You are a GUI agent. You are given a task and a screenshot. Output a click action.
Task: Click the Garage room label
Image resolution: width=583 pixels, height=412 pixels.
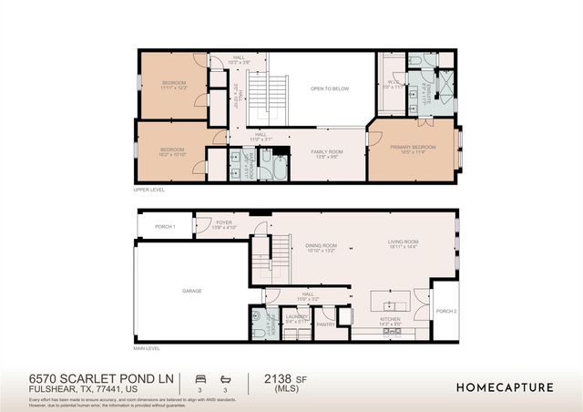(x=191, y=291)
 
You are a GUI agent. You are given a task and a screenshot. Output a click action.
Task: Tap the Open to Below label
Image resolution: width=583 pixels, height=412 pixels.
(x=330, y=88)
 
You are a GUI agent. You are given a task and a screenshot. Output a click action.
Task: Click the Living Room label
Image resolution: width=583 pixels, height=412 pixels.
(x=402, y=243)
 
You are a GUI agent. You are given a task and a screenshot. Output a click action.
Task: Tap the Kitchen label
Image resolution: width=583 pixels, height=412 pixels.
(x=390, y=320)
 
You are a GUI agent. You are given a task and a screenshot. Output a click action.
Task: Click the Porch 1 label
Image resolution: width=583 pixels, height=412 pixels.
(x=164, y=226)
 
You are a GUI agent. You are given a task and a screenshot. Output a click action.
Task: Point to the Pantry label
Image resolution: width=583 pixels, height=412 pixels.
(x=324, y=323)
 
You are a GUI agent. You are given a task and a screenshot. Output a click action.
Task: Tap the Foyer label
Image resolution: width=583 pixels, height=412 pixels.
(x=224, y=221)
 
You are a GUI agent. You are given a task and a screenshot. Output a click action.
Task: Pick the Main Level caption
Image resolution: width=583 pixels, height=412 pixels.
(x=147, y=348)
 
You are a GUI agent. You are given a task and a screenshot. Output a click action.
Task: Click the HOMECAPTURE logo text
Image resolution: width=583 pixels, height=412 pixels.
(x=504, y=386)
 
